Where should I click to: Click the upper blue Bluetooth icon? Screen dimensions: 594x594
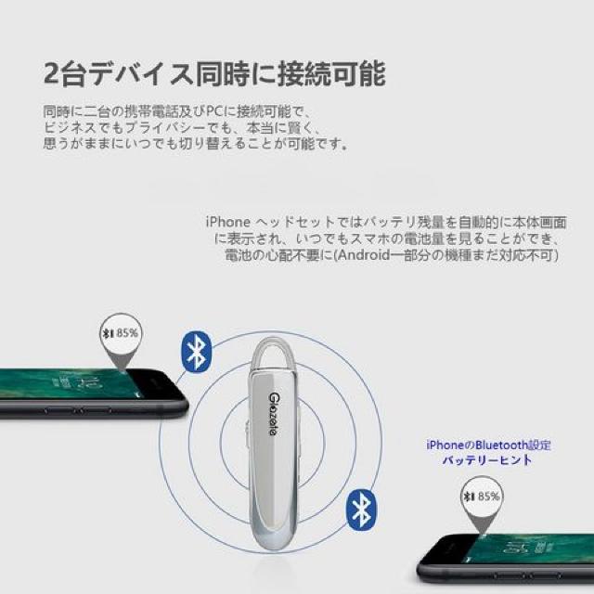196,354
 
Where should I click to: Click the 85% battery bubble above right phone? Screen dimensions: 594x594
482,496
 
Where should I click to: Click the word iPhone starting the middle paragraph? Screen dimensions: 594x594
226,223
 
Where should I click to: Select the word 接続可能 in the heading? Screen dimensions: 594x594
333,73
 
